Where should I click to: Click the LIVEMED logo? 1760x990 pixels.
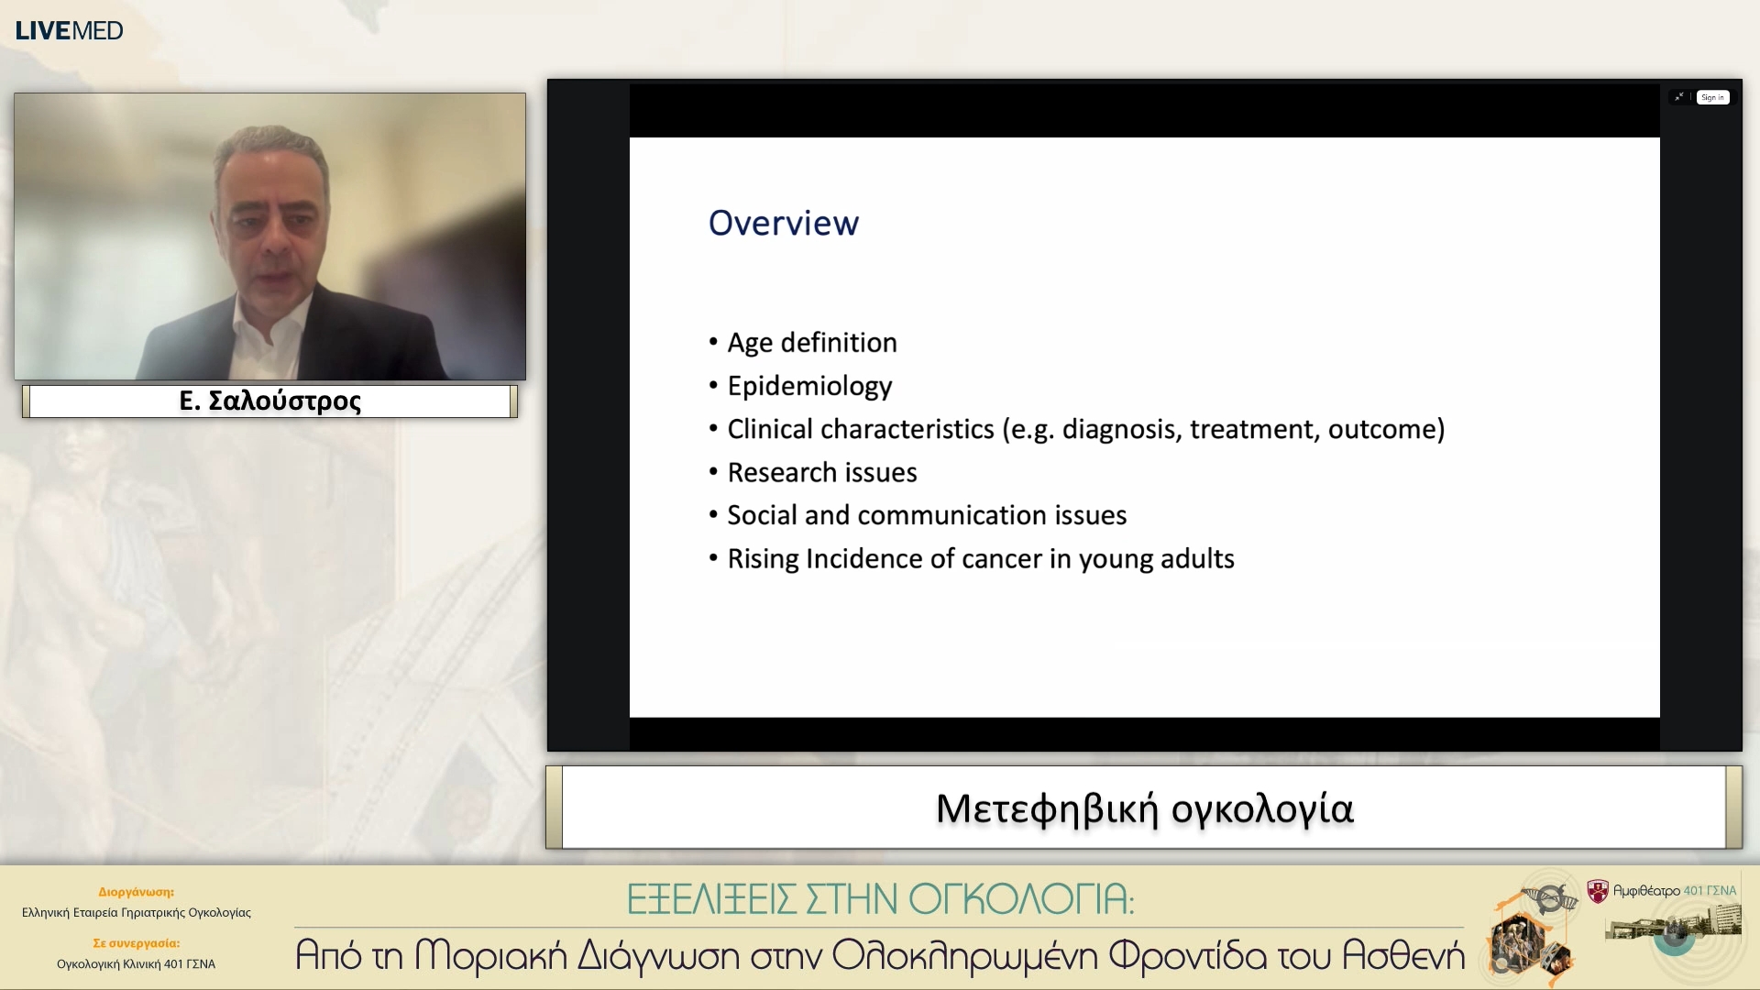[x=69, y=30]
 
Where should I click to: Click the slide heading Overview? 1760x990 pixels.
[x=783, y=223]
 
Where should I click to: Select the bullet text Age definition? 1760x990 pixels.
[x=811, y=342]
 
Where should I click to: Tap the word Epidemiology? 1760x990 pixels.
[x=809, y=386]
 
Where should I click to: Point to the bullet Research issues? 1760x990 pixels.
[x=821, y=472]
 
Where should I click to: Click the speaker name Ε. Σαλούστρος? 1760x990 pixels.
[x=269, y=401]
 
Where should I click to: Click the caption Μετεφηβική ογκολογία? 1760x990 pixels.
[x=1144, y=808]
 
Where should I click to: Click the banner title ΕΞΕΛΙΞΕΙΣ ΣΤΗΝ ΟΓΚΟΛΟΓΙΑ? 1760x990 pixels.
[x=880, y=899]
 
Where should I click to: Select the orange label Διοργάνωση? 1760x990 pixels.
[x=136, y=891]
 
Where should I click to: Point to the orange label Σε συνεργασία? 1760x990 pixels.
[x=136, y=942]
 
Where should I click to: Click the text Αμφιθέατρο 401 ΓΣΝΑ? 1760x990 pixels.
[x=1674, y=890]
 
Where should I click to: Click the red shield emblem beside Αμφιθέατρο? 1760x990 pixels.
[x=1598, y=890]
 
